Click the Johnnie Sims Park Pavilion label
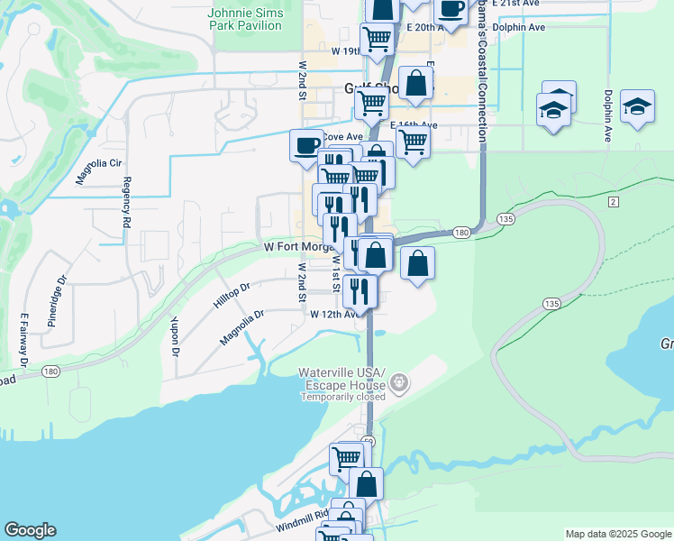tap(245, 20)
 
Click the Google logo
tap(30, 530)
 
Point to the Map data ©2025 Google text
tap(617, 534)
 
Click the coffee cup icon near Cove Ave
tap(306, 144)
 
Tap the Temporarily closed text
tap(343, 397)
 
